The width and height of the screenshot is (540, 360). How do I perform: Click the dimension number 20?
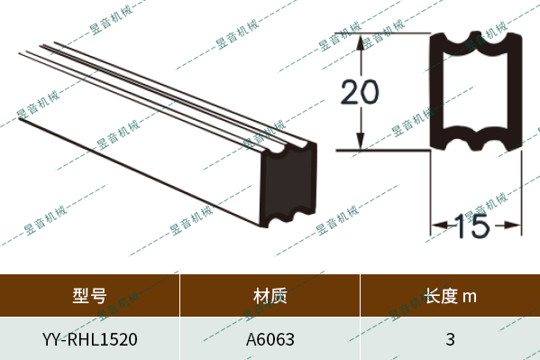[x=360, y=92]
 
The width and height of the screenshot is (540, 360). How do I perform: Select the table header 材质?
[x=270, y=295]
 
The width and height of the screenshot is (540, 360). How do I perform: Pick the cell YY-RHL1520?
[x=89, y=340]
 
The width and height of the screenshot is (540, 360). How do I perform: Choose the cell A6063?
[x=270, y=340]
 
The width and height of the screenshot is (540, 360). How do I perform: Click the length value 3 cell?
[x=450, y=340]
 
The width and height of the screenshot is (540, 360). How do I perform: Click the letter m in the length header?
[x=469, y=296]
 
